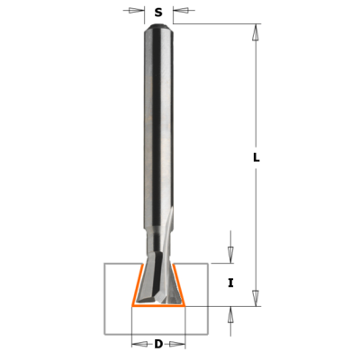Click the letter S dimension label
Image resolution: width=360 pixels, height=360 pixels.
tap(158, 13)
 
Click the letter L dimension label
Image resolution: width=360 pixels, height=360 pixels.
tap(256, 157)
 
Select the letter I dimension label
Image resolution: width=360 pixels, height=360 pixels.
tap(230, 283)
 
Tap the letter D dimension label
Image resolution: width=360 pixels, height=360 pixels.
tap(158, 344)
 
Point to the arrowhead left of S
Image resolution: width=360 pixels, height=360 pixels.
tap(137, 11)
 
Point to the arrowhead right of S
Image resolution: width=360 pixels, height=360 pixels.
tap(181, 11)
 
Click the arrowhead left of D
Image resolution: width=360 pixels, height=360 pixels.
tap(139, 344)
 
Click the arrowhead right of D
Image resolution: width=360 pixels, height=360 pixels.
tap(177, 344)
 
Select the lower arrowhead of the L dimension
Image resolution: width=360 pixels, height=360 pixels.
tap(256, 298)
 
